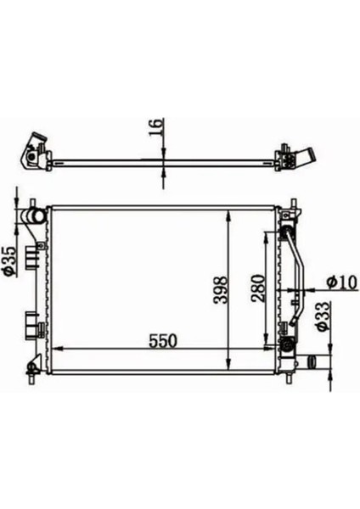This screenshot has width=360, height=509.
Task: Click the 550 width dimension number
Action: point(162,340)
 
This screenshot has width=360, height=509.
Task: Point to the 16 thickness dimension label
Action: point(155,129)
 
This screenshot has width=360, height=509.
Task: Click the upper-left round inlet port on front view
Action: point(35,219)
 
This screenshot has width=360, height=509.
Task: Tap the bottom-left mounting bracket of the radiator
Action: point(33,366)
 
